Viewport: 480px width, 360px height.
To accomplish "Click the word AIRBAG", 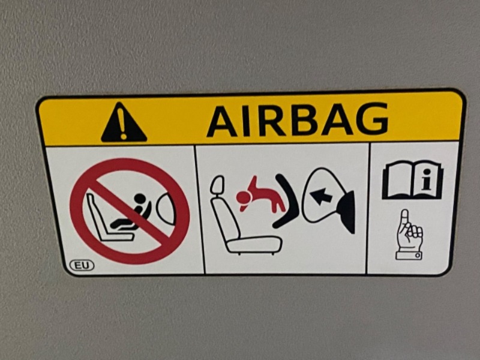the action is click(298, 120).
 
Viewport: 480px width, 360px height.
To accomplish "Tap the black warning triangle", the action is click(124, 123).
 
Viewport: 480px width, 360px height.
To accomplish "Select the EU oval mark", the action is click(82, 265).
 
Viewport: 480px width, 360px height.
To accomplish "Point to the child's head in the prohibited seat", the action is click(141, 198).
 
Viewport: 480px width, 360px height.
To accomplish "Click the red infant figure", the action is click(261, 196).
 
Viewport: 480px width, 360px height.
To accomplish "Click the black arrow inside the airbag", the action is click(320, 196).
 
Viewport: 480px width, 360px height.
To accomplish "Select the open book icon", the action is click(412, 181).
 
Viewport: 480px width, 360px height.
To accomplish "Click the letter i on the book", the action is click(425, 181).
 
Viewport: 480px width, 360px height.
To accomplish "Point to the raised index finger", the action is click(406, 218).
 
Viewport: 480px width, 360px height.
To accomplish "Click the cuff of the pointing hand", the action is click(409, 256).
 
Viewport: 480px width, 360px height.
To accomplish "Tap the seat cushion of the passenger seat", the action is click(254, 244).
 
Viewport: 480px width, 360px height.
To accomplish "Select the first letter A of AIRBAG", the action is click(221, 122).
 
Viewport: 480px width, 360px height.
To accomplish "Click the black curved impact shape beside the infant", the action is click(286, 200).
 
